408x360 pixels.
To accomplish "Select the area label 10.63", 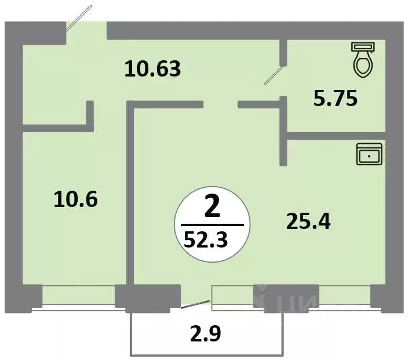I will tap(154, 70).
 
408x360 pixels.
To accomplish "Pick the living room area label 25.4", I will tap(308, 220).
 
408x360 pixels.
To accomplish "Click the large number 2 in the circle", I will tap(212, 208).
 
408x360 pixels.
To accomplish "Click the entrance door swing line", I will tap(79, 17).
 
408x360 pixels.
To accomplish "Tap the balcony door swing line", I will tap(196, 304).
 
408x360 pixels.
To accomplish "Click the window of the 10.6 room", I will tap(79, 296).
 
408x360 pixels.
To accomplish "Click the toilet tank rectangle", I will tap(364, 45).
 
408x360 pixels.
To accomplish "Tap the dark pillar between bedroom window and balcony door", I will tap(148, 296).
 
